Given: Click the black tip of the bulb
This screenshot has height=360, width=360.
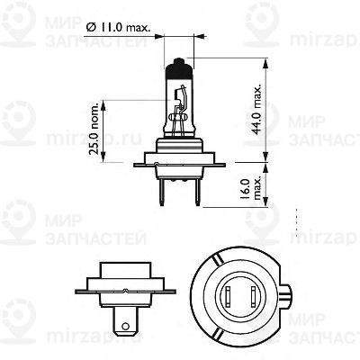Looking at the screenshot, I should [179, 67].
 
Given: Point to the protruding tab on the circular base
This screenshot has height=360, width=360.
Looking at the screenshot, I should [287, 297].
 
